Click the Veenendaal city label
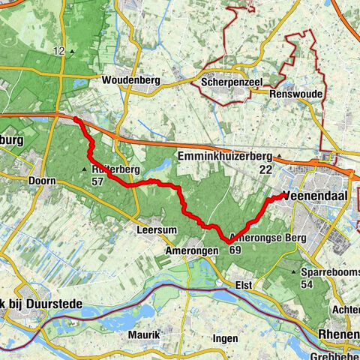[319, 196]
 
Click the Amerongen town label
[191, 250]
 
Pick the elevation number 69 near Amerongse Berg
[235, 250]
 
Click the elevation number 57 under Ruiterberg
[97, 181]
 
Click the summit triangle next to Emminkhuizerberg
[279, 157]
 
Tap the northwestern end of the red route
[76, 118]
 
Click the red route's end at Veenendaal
[286, 195]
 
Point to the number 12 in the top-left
[60, 51]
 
